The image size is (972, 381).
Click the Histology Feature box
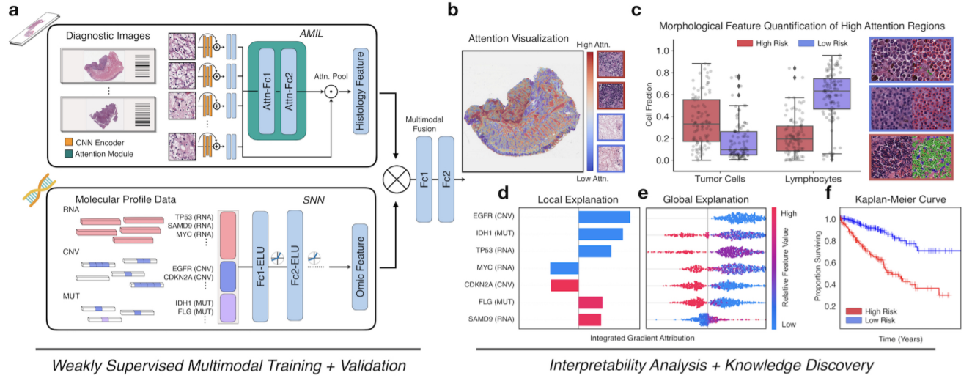[x=361, y=91]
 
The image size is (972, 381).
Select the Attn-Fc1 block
[x=266, y=91]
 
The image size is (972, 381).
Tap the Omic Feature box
[x=360, y=267]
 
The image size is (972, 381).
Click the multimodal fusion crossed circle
[x=396, y=180]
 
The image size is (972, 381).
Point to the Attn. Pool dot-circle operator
[x=331, y=92]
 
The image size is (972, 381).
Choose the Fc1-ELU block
[x=260, y=267]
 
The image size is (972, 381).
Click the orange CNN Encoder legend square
[x=69, y=142]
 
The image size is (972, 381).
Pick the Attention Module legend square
[x=69, y=154]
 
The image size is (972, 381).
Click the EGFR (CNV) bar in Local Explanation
[x=604, y=217]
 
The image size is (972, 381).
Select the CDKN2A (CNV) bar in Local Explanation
[x=564, y=285]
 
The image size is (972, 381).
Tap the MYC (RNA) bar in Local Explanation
[x=564, y=268]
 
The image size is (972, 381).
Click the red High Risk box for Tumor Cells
[x=702, y=120]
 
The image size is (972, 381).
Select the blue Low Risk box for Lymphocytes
[x=831, y=94]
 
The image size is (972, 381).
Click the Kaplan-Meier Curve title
[x=900, y=199]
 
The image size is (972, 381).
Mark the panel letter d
[x=503, y=192]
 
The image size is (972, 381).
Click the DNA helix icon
[x=40, y=189]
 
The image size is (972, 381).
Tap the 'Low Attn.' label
[x=592, y=178]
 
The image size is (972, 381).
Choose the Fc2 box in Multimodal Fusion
[x=446, y=180]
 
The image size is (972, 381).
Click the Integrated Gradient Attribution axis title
[x=642, y=338]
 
